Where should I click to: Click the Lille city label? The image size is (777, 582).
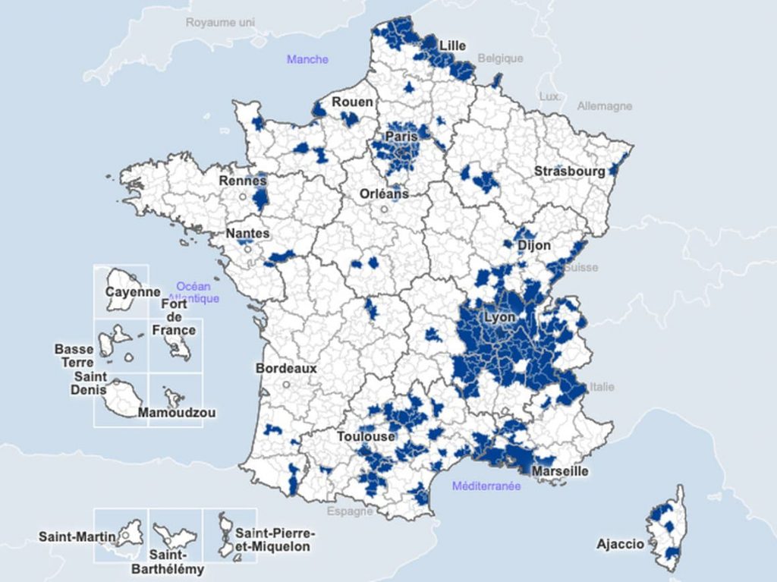(452, 46)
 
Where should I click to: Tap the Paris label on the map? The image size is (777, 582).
(401, 137)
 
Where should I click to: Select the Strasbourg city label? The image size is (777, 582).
(570, 171)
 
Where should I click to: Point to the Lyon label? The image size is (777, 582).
(499, 317)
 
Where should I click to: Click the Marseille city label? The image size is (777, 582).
(560, 471)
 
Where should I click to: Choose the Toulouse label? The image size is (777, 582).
(366, 437)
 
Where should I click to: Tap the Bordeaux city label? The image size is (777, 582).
(286, 368)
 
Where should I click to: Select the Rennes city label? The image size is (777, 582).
(243, 181)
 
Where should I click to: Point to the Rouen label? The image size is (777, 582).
(352, 102)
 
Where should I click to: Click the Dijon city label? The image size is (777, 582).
(534, 246)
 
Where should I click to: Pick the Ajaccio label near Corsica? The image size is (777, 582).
(620, 544)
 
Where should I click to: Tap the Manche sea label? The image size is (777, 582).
(307, 59)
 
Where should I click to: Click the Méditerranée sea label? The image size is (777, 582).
(486, 486)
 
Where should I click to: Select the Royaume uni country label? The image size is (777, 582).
(220, 22)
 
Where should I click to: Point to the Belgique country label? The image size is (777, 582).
(500, 58)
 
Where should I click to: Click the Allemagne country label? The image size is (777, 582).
(604, 106)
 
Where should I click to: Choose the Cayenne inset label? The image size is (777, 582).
(133, 292)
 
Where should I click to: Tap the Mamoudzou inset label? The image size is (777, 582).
(177, 413)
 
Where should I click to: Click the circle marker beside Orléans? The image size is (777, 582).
(385, 209)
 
